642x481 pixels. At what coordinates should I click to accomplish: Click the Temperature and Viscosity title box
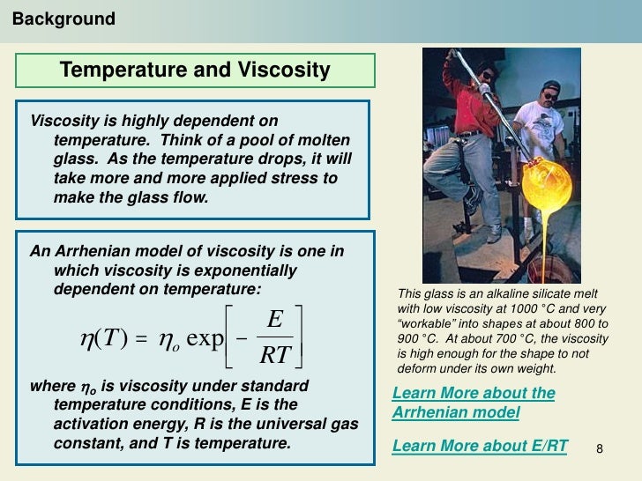click(195, 70)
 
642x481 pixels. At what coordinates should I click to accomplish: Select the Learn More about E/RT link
click(480, 446)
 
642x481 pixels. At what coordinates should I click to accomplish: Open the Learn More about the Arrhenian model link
click(473, 403)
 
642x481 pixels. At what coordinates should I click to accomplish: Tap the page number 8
click(600, 450)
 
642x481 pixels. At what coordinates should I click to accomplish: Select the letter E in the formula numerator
click(274, 320)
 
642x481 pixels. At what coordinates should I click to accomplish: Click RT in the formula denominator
click(275, 355)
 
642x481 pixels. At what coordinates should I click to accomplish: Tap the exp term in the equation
click(205, 338)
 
